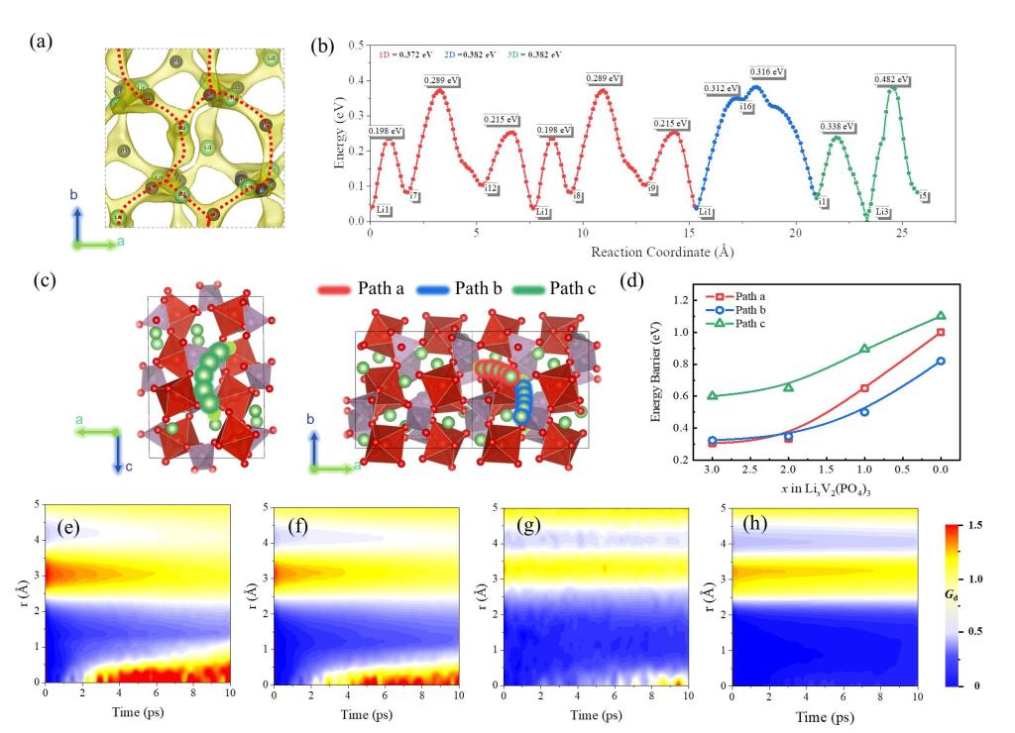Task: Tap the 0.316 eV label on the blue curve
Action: click(766, 72)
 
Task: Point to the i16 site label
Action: click(745, 105)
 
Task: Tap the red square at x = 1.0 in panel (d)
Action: click(864, 388)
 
